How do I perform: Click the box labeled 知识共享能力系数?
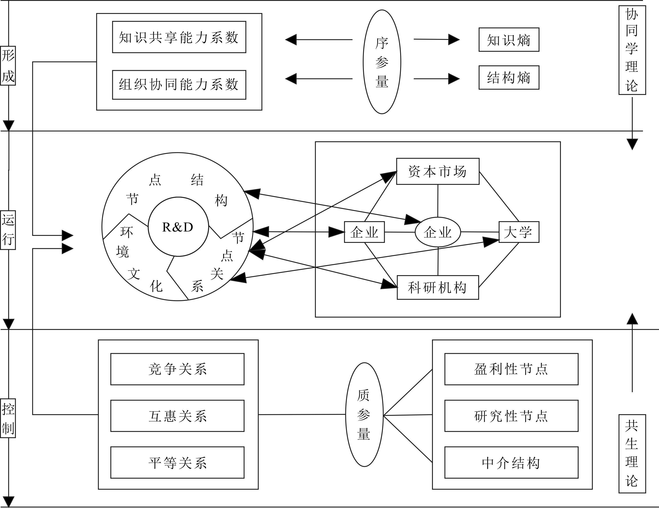pos(179,37)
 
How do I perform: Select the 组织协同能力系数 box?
pos(179,85)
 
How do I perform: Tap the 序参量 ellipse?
pos(382,62)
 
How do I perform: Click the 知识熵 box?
pos(509,40)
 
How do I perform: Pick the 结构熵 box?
pos(509,78)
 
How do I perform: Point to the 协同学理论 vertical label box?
pos(632,50)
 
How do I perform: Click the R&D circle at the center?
pos(178,227)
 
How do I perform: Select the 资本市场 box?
pos(438,171)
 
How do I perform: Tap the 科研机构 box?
pos(438,287)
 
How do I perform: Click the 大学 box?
pos(519,232)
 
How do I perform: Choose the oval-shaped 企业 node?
pos(438,232)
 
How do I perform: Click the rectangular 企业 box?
pos(364,232)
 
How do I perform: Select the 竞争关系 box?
pos(178,369)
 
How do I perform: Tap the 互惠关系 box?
pos(178,416)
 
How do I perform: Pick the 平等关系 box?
pos(178,462)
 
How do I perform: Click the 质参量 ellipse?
pos(364,414)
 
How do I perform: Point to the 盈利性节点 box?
pos(511,369)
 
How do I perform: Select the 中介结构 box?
pos(511,462)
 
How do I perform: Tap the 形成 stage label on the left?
pos(8,66)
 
